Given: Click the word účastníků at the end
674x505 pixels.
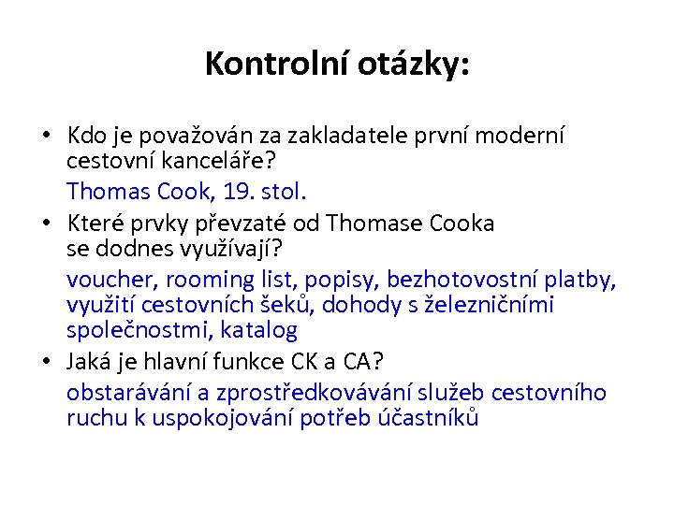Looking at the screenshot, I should point(430,418).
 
